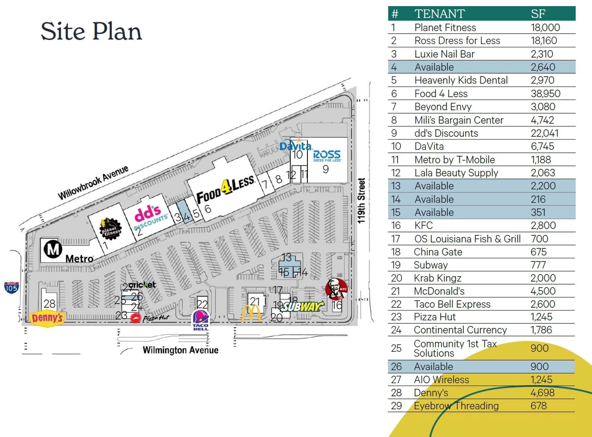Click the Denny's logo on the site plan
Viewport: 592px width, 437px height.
pyautogui.click(x=47, y=318)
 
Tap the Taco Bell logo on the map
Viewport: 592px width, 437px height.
pyautogui.click(x=201, y=320)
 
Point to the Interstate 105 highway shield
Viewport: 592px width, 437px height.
pyautogui.click(x=11, y=288)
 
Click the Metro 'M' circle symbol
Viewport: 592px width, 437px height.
pyautogui.click(x=53, y=249)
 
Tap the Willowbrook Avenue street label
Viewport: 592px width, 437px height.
pyautogui.click(x=93, y=182)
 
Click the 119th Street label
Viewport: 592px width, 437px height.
pyautogui.click(x=361, y=201)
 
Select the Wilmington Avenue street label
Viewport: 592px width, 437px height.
pyautogui.click(x=181, y=350)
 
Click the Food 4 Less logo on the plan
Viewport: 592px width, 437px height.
pyautogui.click(x=225, y=189)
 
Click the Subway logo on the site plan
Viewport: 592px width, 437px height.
pyautogui.click(x=303, y=306)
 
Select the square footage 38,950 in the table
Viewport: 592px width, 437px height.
pyautogui.click(x=545, y=94)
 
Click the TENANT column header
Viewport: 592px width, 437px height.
pyautogui.click(x=440, y=14)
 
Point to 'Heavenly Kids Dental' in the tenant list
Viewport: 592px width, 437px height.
pyautogui.click(x=461, y=80)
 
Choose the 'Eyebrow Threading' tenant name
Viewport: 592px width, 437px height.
pyautogui.click(x=456, y=406)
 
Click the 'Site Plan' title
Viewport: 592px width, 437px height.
pyautogui.click(x=91, y=31)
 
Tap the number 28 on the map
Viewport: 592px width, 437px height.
pyautogui.click(x=49, y=304)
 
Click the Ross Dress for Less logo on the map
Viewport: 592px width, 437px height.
pyautogui.click(x=327, y=155)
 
